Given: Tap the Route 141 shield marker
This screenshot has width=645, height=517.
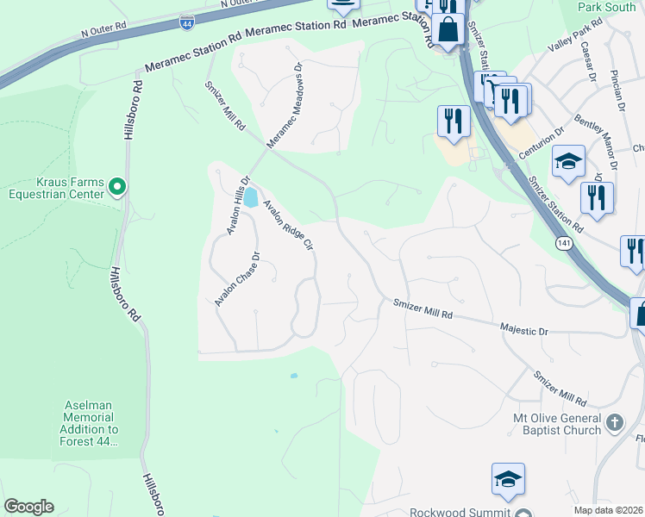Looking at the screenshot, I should (563, 244).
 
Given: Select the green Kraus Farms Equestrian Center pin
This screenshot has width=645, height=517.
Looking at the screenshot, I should (119, 185).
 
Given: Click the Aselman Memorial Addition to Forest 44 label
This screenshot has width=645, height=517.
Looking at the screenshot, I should (91, 422).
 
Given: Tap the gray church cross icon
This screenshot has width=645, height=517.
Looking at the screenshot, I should (614, 423).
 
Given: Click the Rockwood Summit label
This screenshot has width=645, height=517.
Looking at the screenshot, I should (457, 510).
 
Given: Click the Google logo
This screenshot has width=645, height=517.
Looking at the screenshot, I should (28, 507).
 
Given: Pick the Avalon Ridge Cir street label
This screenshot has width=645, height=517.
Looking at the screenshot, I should (287, 227).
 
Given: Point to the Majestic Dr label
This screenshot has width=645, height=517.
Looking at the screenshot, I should (524, 330).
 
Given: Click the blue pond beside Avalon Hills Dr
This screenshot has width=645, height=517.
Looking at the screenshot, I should (250, 199).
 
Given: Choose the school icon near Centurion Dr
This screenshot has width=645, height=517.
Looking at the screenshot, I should (568, 162).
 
